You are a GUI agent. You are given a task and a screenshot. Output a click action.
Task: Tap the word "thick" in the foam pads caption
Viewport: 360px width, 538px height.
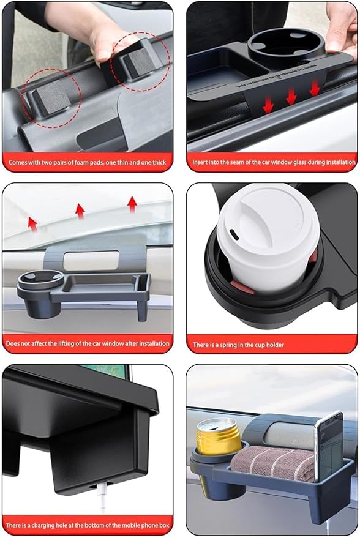(x=158, y=162)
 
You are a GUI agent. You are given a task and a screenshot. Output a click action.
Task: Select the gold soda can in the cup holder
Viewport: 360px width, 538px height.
(x=218, y=436)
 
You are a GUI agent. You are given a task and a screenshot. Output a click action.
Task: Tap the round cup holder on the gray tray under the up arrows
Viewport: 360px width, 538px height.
(x=38, y=283)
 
